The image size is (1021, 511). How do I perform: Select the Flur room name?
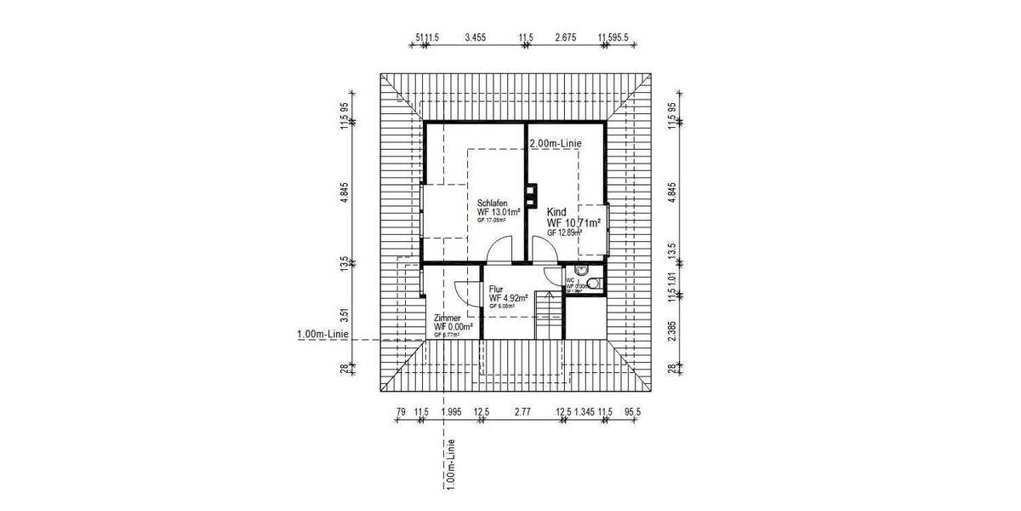(496, 289)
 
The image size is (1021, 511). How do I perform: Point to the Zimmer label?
(448, 318)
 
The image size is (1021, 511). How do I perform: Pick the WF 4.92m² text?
(509, 298)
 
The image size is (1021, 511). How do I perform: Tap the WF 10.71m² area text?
(574, 223)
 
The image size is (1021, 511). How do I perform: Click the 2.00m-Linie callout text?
(555, 144)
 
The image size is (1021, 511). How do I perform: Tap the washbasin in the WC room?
(581, 270)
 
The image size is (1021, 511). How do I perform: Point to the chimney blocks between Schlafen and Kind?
(531, 195)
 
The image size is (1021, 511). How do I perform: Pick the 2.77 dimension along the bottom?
(522, 412)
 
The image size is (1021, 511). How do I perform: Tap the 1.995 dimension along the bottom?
(452, 412)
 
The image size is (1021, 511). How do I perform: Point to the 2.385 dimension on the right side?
(672, 330)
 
